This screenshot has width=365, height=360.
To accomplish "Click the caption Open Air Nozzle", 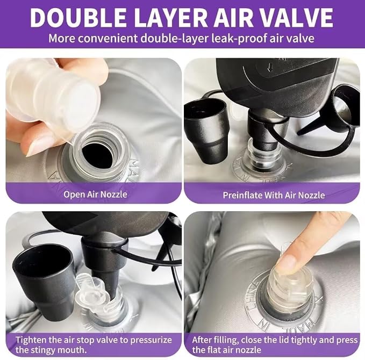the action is [x=95, y=195].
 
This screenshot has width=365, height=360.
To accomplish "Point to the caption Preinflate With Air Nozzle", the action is [x=274, y=195].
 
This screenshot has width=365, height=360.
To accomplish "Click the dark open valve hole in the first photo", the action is [x=97, y=156].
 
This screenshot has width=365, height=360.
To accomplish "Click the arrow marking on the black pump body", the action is [x=270, y=68].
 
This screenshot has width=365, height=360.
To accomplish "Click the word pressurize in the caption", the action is [x=151, y=340].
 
